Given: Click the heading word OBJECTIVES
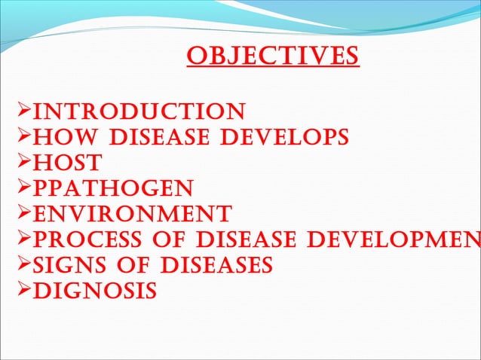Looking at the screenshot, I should pos(272,57).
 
